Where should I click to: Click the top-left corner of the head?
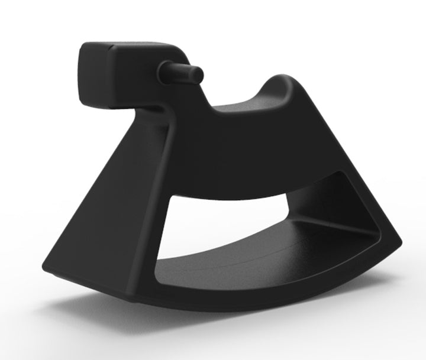[84, 46]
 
